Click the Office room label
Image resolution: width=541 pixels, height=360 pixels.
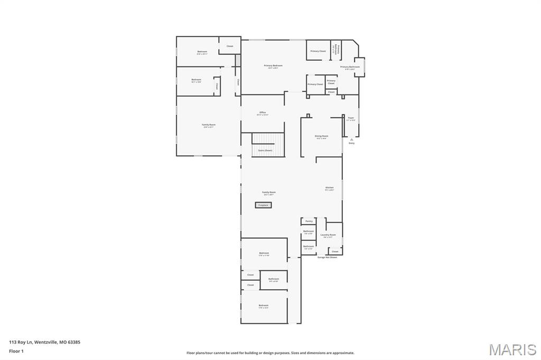coord(263,112)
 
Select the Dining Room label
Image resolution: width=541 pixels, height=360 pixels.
coord(321,136)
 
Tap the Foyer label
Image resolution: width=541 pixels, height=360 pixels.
coord(351,118)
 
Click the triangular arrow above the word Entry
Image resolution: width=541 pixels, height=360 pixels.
coord(351,139)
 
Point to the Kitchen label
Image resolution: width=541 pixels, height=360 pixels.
coord(329,188)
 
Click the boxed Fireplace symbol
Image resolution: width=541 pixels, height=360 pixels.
coord(263,205)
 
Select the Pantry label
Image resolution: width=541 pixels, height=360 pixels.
coord(309,221)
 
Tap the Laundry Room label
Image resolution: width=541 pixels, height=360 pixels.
coord(328,235)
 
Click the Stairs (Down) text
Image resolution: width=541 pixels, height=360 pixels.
coord(265,150)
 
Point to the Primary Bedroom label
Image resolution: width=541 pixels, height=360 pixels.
coord(273,66)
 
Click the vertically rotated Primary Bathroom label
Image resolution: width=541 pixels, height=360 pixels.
coord(334,49)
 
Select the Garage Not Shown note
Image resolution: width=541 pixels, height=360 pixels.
coord(327,257)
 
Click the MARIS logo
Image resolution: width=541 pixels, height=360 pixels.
coord(512,349)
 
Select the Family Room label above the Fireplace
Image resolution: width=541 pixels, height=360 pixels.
coord(269,193)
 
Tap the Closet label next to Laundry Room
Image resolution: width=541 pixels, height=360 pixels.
coord(335,251)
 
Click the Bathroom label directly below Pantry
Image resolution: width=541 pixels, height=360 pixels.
coord(309,231)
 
